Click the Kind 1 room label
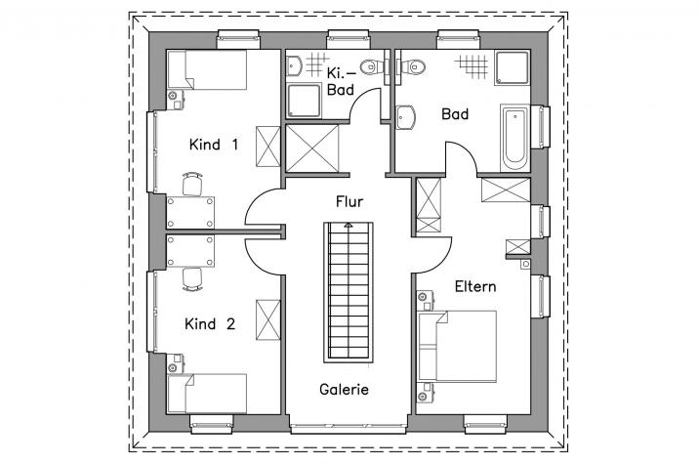214,145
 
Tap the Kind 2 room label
210,323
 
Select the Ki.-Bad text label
341,81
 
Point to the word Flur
349,202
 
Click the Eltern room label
475,286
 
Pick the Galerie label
344,390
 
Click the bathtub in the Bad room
514,138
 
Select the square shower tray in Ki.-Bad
304,101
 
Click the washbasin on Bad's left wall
405,117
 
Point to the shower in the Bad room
512,67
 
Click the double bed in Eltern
457,347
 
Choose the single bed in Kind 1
207,70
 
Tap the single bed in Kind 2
207,394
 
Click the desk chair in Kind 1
192,184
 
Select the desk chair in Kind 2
192,279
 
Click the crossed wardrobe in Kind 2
268,320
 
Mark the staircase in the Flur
349,292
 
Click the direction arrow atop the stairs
349,226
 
